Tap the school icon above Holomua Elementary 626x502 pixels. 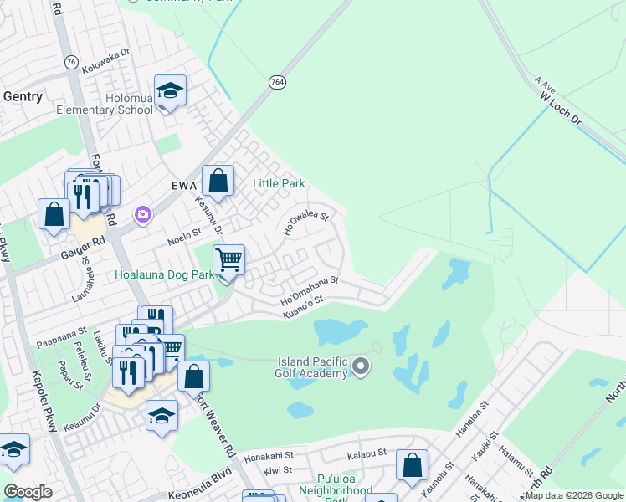pyautogui.click(x=171, y=91)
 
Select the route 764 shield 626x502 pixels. pyautogui.click(x=278, y=83)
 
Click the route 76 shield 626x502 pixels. pyautogui.click(x=70, y=63)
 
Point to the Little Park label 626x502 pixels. pyautogui.click(x=279, y=183)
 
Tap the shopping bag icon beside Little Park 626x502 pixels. pyautogui.click(x=218, y=181)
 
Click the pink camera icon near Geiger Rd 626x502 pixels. pyautogui.click(x=143, y=216)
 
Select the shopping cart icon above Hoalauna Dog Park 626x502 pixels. pyautogui.click(x=228, y=259)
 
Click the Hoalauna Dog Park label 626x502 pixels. pyautogui.click(x=165, y=274)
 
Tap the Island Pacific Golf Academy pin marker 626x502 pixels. pyautogui.click(x=362, y=366)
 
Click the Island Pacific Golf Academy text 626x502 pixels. pyautogui.click(x=312, y=367)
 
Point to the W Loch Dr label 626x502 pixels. pyautogui.click(x=560, y=108)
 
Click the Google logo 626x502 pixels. pyautogui.click(x=28, y=491)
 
